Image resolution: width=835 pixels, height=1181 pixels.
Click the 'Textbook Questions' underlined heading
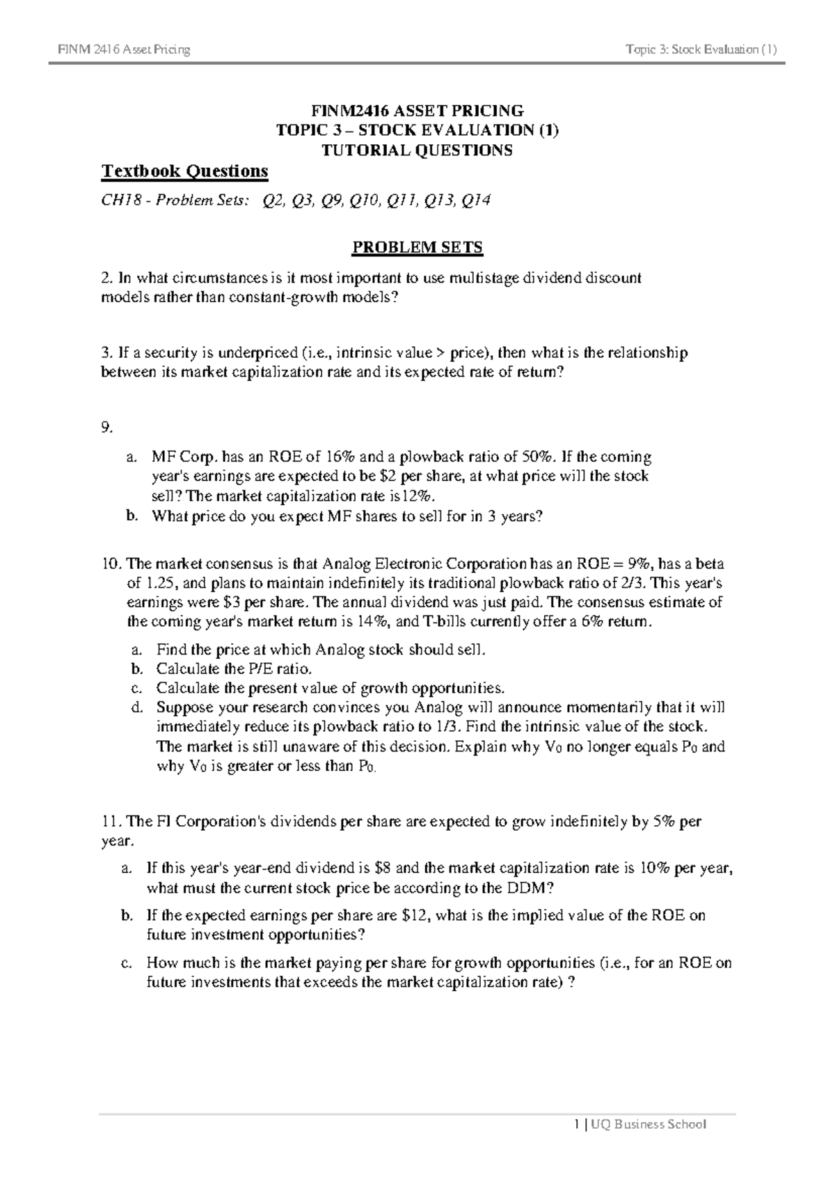click(184, 171)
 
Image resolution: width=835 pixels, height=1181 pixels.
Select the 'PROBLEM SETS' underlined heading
click(417, 248)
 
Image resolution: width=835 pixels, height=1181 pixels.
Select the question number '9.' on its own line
click(106, 429)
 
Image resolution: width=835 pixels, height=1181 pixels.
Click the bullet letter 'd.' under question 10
click(137, 707)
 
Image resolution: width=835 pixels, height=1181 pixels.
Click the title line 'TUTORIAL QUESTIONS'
click(417, 150)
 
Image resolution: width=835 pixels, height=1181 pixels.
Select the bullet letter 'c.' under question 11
click(126, 964)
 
